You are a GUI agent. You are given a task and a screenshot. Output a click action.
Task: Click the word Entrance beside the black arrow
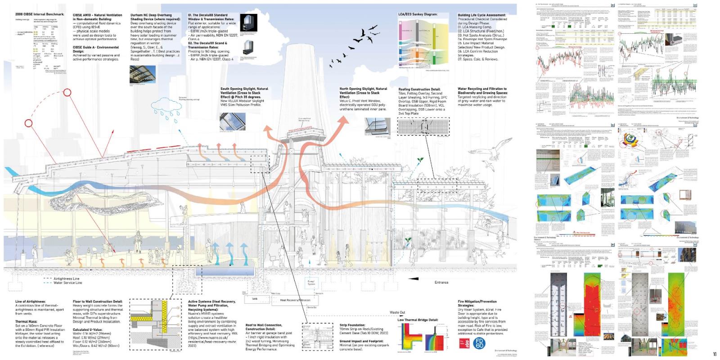click(x=441, y=283)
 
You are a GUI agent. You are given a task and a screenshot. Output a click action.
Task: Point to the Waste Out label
click(x=397, y=312)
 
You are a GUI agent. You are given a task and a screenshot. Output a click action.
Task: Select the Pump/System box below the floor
click(x=311, y=283)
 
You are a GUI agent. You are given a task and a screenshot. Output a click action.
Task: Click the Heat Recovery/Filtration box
click(x=295, y=300)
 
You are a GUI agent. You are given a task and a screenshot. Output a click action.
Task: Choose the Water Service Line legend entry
click(x=67, y=283)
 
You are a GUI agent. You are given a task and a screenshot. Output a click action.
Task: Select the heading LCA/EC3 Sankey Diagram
click(x=418, y=14)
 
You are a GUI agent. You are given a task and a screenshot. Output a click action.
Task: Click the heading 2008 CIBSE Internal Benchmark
click(x=40, y=14)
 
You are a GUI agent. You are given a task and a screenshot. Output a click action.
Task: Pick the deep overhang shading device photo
click(x=143, y=74)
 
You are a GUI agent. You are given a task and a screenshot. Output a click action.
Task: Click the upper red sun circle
click(x=67, y=93)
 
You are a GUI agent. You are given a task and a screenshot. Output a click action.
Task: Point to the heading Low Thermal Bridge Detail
click(x=414, y=320)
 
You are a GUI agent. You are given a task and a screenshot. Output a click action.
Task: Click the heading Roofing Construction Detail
click(x=419, y=90)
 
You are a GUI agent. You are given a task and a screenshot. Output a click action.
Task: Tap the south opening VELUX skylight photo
click(x=233, y=121)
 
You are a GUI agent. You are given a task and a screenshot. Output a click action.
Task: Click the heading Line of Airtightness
click(x=30, y=301)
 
